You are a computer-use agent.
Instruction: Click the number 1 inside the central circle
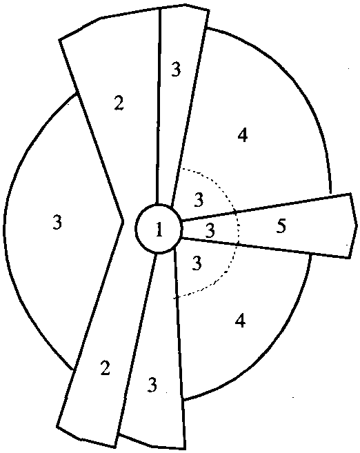pos(159,230)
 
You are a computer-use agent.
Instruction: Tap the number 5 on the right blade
pos(281,225)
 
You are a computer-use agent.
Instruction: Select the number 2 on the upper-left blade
pos(119,103)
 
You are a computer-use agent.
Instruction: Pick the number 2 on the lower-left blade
pos(105,368)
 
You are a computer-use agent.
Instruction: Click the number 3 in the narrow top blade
pos(176,69)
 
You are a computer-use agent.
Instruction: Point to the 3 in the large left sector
pos(57,223)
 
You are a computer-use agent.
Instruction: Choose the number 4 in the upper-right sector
pos(242,135)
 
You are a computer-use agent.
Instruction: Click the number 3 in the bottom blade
pos(152,385)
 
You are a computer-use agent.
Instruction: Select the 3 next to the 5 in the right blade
pos(210,230)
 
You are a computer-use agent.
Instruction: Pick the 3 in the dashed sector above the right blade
pos(199,200)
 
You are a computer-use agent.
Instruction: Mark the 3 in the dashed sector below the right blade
pos(197,263)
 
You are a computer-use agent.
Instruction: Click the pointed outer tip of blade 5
pos(357,225)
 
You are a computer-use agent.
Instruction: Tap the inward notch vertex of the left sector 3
pos(123,221)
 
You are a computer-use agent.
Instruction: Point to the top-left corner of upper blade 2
pos(59,40)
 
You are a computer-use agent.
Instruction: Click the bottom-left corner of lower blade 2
pos(57,426)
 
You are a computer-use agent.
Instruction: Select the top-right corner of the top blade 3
pos(208,10)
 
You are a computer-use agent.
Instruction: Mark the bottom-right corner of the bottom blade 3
pos(185,449)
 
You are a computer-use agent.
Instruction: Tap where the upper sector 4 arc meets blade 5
pos(330,193)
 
